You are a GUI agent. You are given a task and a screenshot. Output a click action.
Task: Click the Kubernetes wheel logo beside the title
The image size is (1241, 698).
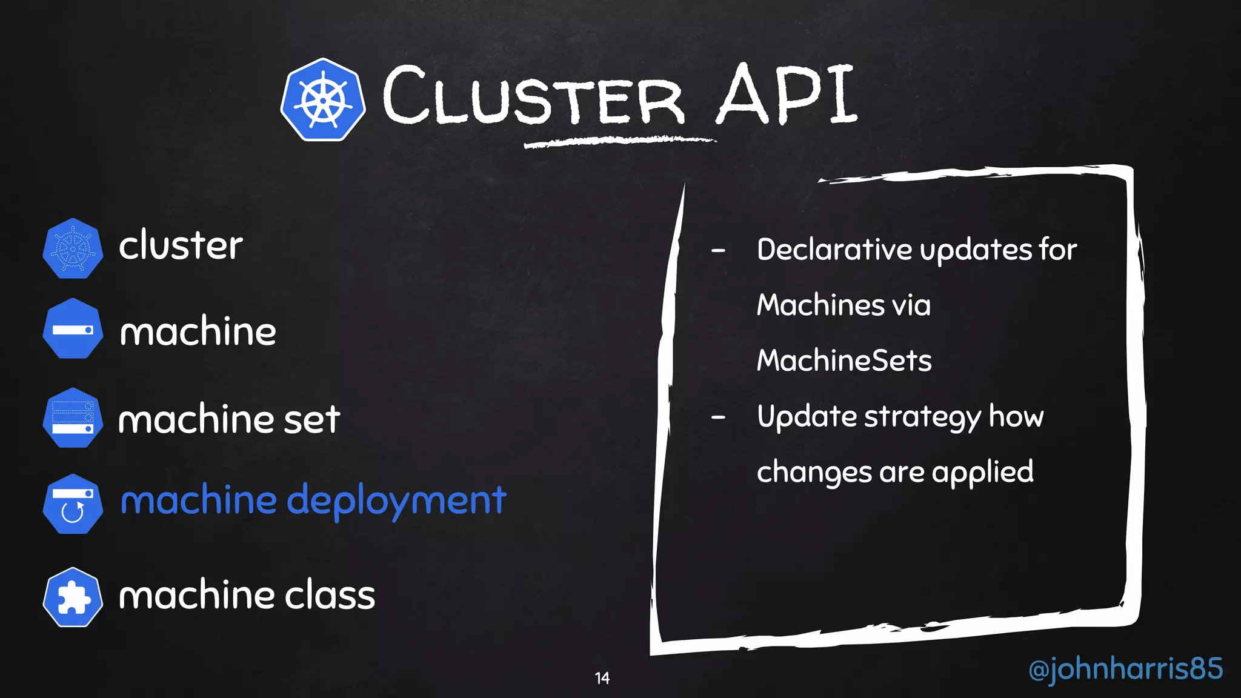pos(323,100)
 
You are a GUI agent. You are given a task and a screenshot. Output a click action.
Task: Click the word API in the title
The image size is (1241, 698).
pos(786,96)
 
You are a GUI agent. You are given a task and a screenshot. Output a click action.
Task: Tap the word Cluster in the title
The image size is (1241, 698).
pos(533,97)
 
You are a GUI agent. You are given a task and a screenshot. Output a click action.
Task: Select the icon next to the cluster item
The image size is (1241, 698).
pos(73,248)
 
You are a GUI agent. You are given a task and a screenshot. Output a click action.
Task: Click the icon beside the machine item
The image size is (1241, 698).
pos(73,329)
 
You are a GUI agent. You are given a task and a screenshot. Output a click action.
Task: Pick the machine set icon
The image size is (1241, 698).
pos(73,418)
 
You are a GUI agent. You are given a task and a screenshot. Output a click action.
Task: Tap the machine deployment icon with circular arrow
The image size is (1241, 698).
pos(73,504)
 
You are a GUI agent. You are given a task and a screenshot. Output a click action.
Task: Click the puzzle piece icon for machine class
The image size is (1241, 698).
pos(73,597)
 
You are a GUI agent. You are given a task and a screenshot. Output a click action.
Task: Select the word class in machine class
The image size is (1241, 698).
pos(330,595)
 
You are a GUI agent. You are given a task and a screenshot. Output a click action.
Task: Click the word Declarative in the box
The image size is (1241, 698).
pos(834,250)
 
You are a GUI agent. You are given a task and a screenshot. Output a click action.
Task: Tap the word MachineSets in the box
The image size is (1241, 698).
pos(844,361)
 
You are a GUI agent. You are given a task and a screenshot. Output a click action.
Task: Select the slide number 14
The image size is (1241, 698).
pos(602,678)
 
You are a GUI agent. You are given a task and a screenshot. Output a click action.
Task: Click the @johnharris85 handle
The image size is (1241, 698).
pos(1125,669)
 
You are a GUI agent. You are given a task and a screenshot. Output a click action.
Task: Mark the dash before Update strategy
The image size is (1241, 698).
pos(718,417)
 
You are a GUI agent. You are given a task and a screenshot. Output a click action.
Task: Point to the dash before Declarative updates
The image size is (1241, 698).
pos(718,250)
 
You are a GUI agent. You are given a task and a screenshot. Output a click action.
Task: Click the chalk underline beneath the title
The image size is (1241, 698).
pos(619,142)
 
